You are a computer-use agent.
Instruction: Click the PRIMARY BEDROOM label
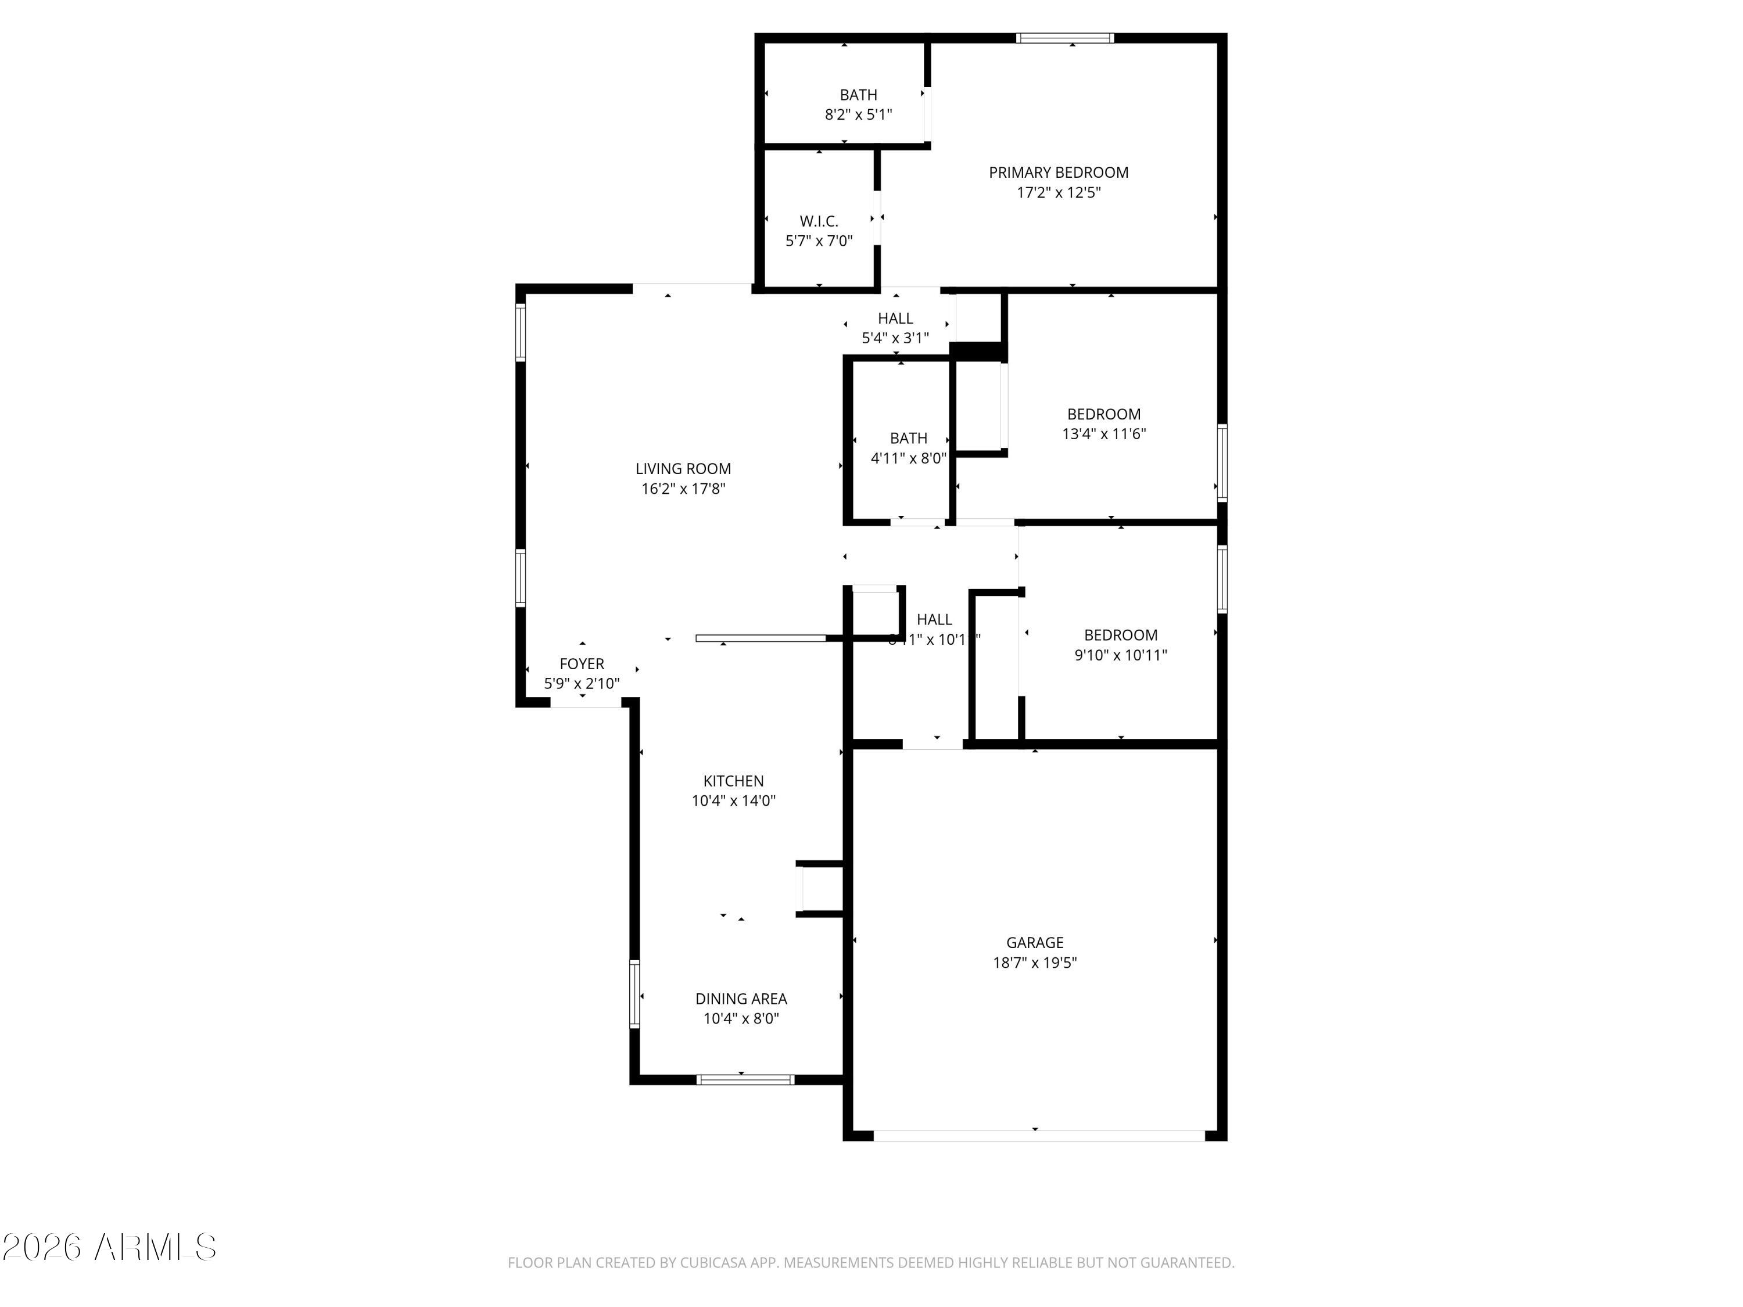tap(1058, 173)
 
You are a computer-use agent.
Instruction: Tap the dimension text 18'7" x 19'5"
tap(1035, 963)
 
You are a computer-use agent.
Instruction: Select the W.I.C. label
tap(819, 221)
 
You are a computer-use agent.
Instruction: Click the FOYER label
tap(582, 664)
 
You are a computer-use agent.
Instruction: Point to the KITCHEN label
tap(733, 781)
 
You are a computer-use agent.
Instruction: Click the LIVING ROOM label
tap(683, 469)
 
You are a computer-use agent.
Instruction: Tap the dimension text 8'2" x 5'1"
tap(858, 115)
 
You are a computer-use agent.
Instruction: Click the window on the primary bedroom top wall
tap(1064, 38)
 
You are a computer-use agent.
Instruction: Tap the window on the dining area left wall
tap(634, 994)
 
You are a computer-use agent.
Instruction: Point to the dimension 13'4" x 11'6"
tap(1103, 434)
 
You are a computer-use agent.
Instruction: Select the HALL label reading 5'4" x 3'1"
tap(895, 318)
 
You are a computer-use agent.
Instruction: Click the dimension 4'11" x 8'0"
tap(908, 458)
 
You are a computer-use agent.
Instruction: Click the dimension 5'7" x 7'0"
tap(819, 241)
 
